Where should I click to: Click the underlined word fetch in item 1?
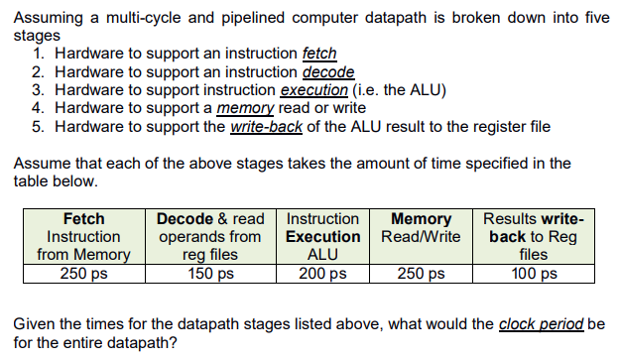(x=318, y=54)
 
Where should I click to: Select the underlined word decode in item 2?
(x=327, y=71)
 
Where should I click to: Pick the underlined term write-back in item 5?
(x=266, y=126)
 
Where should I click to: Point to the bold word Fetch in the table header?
(x=83, y=218)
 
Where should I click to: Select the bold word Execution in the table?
(x=322, y=236)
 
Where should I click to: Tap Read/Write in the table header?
(x=421, y=236)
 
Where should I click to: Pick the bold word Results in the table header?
(x=511, y=218)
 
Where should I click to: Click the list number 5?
(x=37, y=126)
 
